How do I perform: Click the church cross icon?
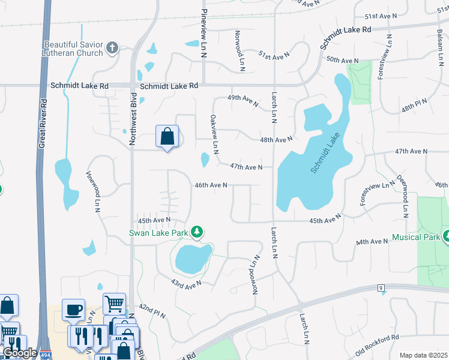[x=112, y=47]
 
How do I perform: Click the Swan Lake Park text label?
[x=160, y=232]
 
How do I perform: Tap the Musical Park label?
[x=415, y=237]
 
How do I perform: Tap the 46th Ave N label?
[x=211, y=185]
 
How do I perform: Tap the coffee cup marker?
[x=73, y=310]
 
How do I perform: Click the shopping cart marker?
[x=114, y=303]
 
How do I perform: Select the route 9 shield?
[x=381, y=289]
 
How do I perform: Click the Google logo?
[x=20, y=353]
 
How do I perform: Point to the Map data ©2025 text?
[x=423, y=355]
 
